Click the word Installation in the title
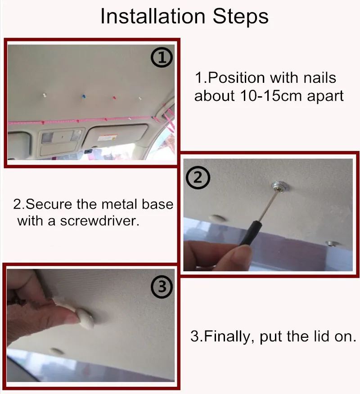[153, 16]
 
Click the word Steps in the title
[241, 17]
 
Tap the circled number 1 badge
[162, 58]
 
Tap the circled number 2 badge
[198, 178]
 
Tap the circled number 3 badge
[162, 287]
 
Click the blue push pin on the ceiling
[83, 96]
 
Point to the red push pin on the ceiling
[114, 97]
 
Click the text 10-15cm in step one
[270, 95]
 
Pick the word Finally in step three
[227, 336]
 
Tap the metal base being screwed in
[279, 186]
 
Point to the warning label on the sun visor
[108, 138]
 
